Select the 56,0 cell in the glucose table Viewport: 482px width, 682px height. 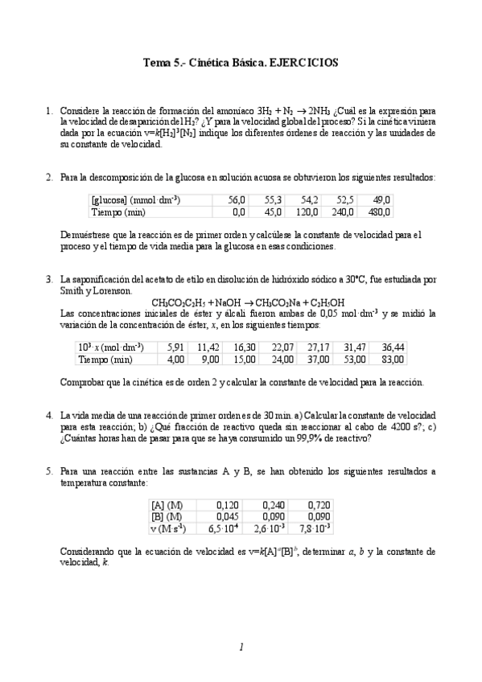pos(237,199)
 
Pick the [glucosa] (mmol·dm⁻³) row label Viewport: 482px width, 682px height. pos(135,199)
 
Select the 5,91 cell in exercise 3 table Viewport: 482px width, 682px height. pos(175,347)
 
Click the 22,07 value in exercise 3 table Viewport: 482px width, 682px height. pos(283,347)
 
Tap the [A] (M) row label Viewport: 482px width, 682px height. pos(167,504)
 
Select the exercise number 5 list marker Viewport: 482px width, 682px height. pos(49,470)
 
